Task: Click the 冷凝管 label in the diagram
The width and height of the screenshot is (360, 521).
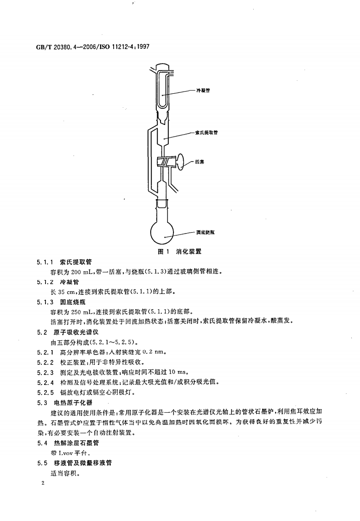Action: pyautogui.click(x=203, y=91)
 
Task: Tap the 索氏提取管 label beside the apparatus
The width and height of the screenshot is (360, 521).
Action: pyautogui.click(x=206, y=133)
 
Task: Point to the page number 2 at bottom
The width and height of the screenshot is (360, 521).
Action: pyautogui.click(x=43, y=483)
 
